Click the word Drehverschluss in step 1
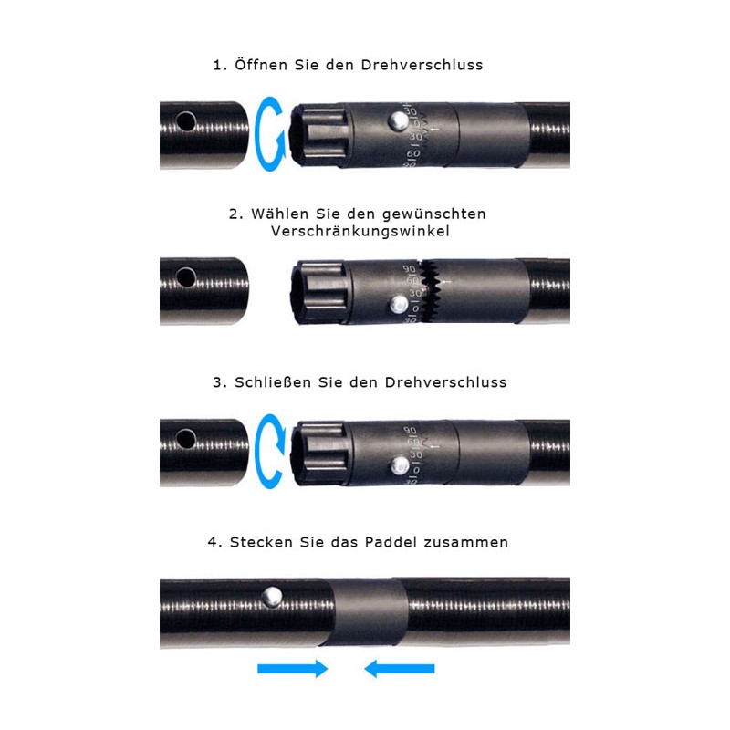[422, 65]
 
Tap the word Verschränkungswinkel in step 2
[360, 232]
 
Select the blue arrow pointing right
[292, 669]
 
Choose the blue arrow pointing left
[400, 669]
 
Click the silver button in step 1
[399, 121]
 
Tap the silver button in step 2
[399, 305]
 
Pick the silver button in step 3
[400, 465]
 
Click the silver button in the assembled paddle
[272, 597]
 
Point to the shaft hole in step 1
[186, 121]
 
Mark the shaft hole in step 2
[186, 277]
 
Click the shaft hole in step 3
[186, 439]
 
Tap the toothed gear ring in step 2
[430, 291]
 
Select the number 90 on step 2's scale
[409, 269]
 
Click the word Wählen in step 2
[279, 214]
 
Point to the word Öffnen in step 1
[261, 65]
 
